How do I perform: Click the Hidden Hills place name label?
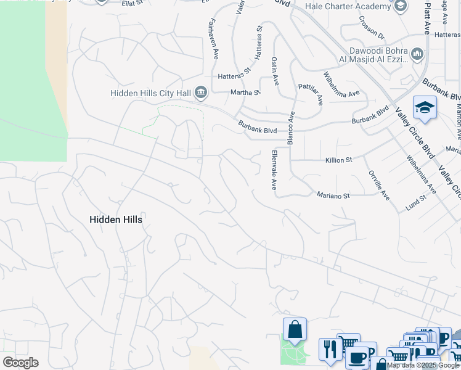click(116, 220)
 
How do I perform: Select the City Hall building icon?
click(200, 93)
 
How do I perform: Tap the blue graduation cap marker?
click(425, 109)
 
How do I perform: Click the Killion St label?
click(338, 160)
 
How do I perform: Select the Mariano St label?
click(333, 195)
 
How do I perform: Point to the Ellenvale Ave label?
click(274, 170)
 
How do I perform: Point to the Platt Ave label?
click(426, 17)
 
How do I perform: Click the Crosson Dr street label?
click(371, 27)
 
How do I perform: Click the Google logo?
click(20, 362)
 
